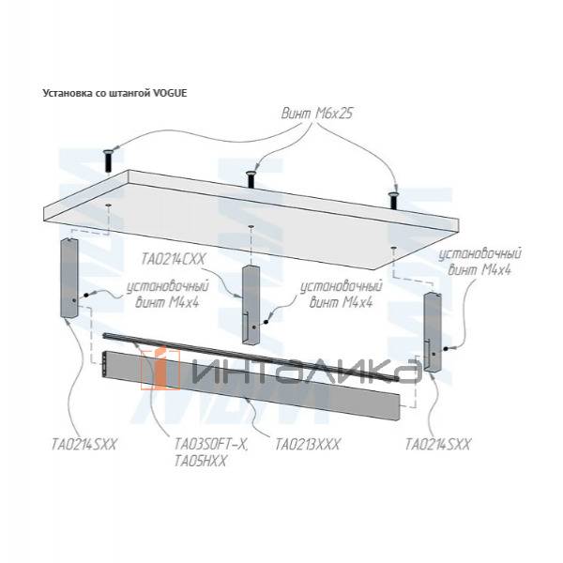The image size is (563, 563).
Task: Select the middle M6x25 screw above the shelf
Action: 251,176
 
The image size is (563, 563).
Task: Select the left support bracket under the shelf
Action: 69,279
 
